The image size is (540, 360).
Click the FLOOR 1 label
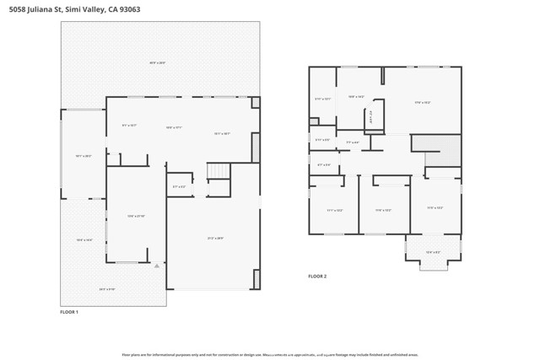pyautogui.click(x=69, y=313)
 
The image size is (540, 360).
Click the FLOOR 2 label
pyautogui.click(x=317, y=277)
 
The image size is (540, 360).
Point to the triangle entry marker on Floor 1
pyautogui.click(x=157, y=266)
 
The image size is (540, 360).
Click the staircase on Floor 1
pyautogui.click(x=219, y=171)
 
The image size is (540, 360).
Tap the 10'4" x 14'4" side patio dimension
pyautogui.click(x=84, y=240)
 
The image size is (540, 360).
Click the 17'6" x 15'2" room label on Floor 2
pyautogui.click(x=423, y=103)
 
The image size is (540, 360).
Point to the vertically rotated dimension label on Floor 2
pyautogui.click(x=370, y=119)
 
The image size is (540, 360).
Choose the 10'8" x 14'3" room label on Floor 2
pyautogui.click(x=357, y=97)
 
